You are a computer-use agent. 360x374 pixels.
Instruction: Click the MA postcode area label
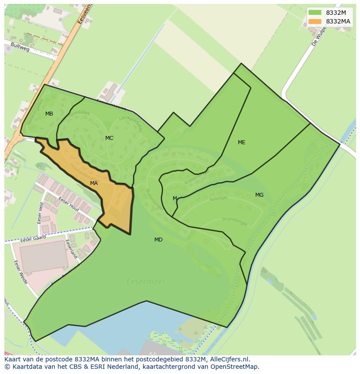94,183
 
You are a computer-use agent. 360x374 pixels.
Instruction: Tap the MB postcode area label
49,114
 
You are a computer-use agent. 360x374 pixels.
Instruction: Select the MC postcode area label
109,138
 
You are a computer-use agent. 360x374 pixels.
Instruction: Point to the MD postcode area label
158,240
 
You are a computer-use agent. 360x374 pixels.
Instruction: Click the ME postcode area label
242,142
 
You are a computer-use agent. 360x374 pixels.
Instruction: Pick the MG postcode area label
259,195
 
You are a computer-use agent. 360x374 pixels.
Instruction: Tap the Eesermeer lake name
146,281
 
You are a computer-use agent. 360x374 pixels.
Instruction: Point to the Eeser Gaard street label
33,239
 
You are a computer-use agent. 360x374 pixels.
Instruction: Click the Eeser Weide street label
21,272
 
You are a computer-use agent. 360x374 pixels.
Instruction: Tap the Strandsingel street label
234,222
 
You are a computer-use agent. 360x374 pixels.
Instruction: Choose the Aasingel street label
219,198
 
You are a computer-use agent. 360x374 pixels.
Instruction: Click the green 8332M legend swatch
315,13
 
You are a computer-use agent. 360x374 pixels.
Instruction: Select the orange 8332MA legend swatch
315,21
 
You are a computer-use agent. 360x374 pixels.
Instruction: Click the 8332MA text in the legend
338,21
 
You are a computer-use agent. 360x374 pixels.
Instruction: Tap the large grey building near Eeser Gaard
43,257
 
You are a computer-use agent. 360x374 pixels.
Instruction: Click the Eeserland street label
71,249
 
